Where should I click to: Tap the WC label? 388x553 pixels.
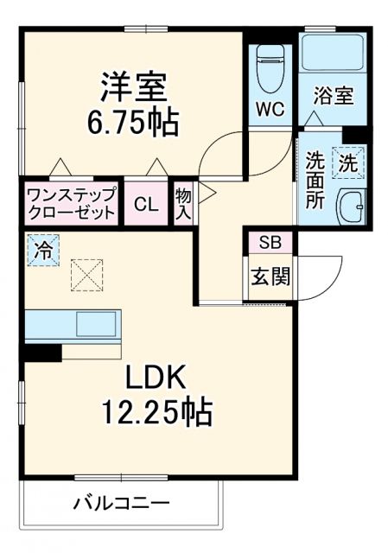[270, 110]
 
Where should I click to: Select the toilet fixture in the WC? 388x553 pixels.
[270, 69]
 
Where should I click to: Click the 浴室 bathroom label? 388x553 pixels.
[333, 95]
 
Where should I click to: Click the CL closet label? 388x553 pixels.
[145, 205]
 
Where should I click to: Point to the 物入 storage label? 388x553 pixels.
[183, 203]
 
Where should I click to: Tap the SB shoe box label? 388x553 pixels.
[270, 242]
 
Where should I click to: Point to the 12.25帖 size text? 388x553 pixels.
[156, 412]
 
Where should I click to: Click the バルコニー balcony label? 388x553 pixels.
[121, 502]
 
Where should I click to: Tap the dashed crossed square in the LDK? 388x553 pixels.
[86, 276]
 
